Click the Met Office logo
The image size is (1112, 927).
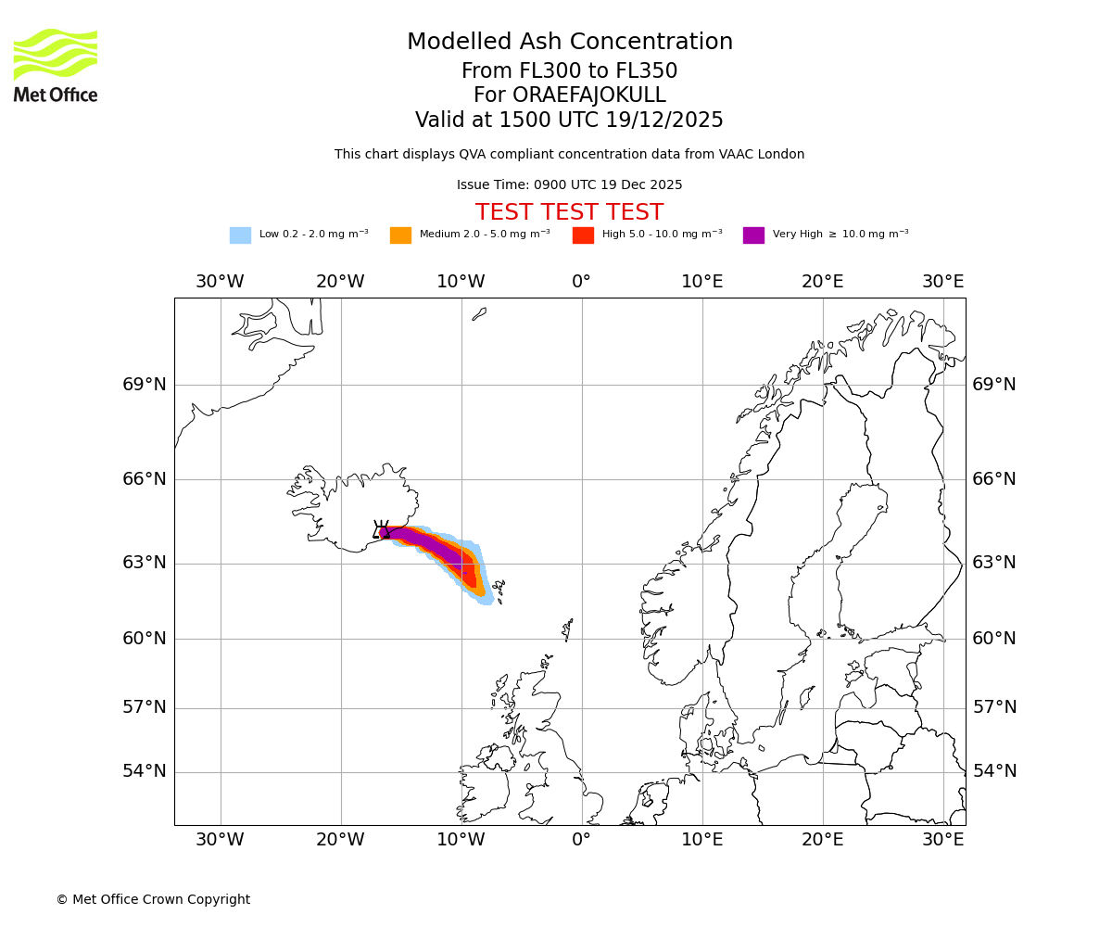click(x=56, y=65)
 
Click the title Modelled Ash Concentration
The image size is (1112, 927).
click(x=569, y=42)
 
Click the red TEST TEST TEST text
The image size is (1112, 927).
click(x=569, y=212)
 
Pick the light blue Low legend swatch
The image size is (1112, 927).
click(x=240, y=235)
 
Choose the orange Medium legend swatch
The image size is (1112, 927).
click(x=400, y=235)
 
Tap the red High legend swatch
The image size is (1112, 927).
click(x=583, y=235)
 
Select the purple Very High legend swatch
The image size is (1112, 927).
click(x=753, y=235)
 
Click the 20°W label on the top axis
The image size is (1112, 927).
click(x=340, y=282)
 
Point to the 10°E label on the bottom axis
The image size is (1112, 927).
click(x=701, y=840)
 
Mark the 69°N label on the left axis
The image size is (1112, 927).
click(x=145, y=385)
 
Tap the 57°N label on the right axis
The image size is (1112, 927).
click(x=993, y=707)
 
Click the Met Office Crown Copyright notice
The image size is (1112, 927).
click(x=153, y=899)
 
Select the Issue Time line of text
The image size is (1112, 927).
click(x=569, y=185)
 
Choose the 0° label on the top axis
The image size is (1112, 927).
click(x=581, y=282)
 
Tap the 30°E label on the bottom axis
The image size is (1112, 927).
click(x=942, y=840)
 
